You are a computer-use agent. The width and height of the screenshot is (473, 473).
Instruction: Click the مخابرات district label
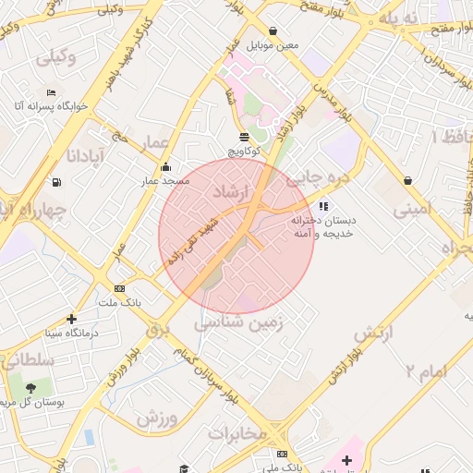click(237, 431)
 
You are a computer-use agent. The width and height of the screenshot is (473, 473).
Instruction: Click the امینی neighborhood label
click(412, 211)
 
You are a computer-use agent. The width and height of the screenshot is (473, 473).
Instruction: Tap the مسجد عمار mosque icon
click(165, 167)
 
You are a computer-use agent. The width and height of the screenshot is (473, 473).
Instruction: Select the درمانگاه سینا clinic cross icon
click(72, 319)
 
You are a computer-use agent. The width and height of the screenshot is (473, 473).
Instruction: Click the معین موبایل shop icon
click(272, 30)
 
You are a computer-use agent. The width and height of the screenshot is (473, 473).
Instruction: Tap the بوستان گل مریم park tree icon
click(31, 388)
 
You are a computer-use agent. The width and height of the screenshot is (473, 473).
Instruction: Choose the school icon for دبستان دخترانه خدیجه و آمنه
click(322, 206)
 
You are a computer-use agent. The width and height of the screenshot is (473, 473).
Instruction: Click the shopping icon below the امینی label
click(407, 179)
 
